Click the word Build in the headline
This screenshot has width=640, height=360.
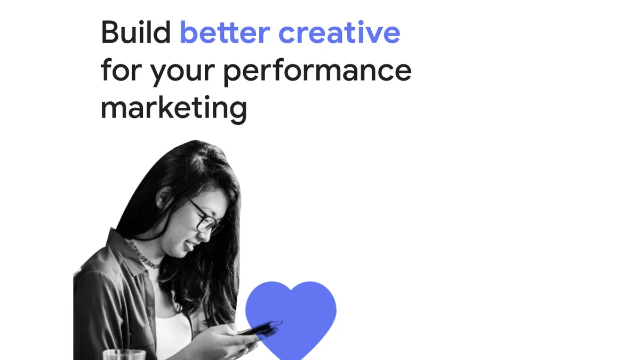(136, 32)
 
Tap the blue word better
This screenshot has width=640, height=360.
(225, 32)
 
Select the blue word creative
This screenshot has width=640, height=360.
(339, 32)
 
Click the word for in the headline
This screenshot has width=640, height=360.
(121, 69)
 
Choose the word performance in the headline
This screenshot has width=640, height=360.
(317, 71)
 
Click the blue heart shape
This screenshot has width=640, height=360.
(291, 320)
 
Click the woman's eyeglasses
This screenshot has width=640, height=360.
(205, 217)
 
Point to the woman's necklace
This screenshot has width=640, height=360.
(143, 255)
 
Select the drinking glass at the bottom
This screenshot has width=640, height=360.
(124, 355)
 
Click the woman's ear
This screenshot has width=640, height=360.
(164, 197)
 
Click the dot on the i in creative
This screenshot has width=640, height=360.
(361, 22)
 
